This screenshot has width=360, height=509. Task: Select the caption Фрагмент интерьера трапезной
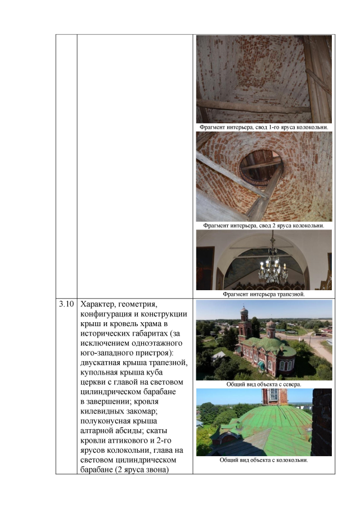264,294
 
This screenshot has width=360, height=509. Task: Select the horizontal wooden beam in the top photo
253,106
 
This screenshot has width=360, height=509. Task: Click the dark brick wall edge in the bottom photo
322,422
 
